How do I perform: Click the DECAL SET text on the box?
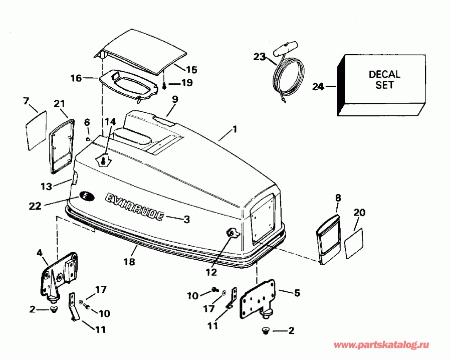point(384,80)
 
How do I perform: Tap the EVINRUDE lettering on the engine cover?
point(134,207)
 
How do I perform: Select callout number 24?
point(318,87)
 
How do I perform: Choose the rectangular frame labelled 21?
point(61,142)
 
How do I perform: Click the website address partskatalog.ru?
point(382,346)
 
